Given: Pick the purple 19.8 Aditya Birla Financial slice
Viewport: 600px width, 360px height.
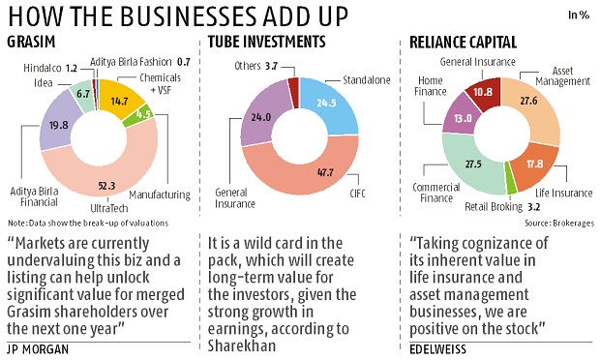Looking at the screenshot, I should pos(62,124).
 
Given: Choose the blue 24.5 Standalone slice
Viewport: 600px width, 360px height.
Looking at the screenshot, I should pos(324,103).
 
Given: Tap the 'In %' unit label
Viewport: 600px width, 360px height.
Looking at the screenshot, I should pos(579,15).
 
